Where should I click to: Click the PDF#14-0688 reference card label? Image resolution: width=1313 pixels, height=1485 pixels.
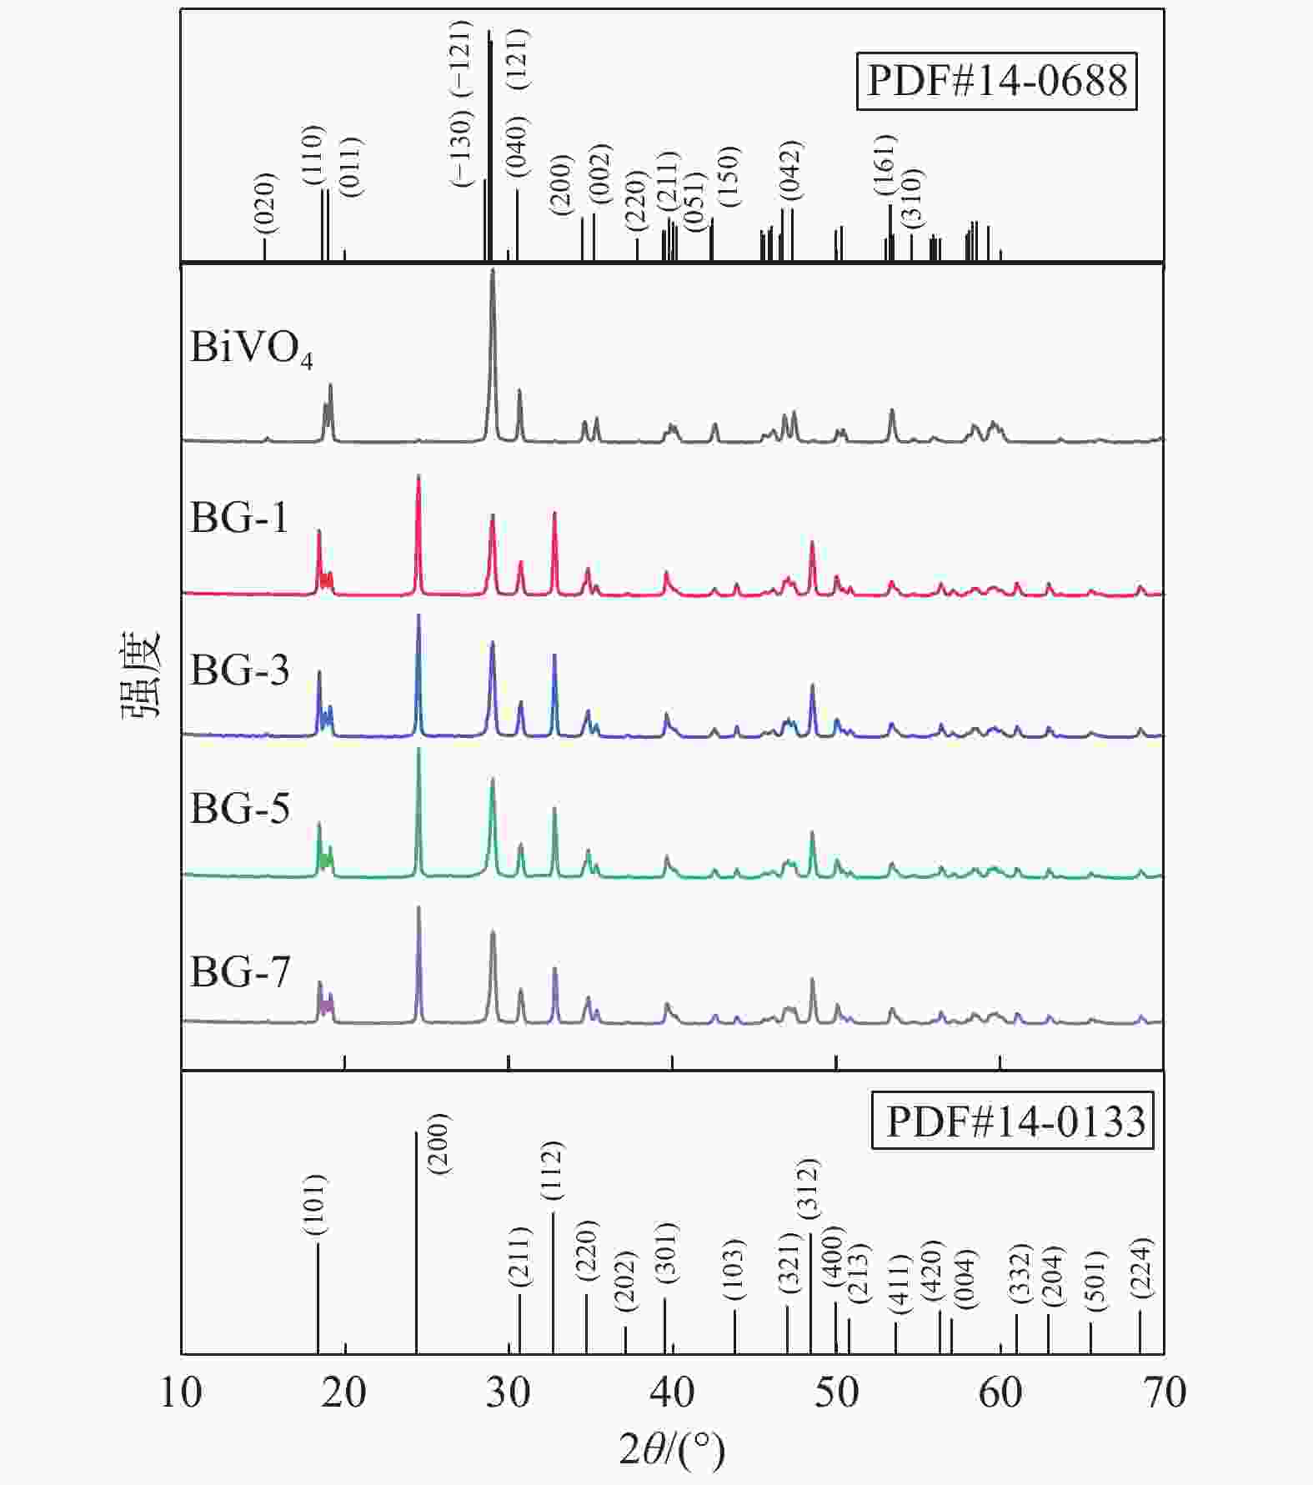click(996, 82)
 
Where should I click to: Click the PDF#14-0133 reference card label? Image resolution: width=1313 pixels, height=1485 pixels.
click(1013, 1121)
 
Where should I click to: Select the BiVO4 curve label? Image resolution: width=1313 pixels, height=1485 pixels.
click(251, 349)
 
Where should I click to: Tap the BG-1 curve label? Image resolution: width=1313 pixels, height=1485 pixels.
click(239, 518)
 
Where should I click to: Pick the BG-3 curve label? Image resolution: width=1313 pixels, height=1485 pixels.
click(240, 670)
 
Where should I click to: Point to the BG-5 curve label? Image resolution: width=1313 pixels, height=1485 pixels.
click(240, 808)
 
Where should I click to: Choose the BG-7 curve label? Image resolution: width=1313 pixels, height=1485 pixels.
click(240, 971)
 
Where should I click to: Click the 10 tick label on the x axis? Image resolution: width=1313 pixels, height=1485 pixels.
click(181, 1392)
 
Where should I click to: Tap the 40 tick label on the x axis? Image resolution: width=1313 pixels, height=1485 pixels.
click(672, 1392)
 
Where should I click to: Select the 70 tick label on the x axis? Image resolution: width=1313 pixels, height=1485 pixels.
click(1164, 1392)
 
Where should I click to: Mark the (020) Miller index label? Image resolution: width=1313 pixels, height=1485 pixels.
click(264, 203)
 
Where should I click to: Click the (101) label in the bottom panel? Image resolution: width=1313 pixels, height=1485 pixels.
click(316, 1205)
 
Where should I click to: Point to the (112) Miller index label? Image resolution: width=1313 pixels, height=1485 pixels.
click(552, 1171)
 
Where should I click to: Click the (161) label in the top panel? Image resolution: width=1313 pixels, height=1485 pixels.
click(885, 164)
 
